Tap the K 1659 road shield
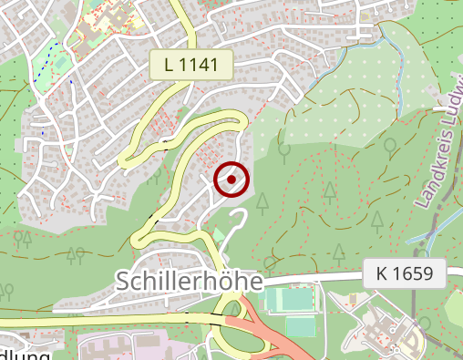click(405, 273)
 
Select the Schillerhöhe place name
click(190, 281)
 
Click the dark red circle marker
click(232, 180)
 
